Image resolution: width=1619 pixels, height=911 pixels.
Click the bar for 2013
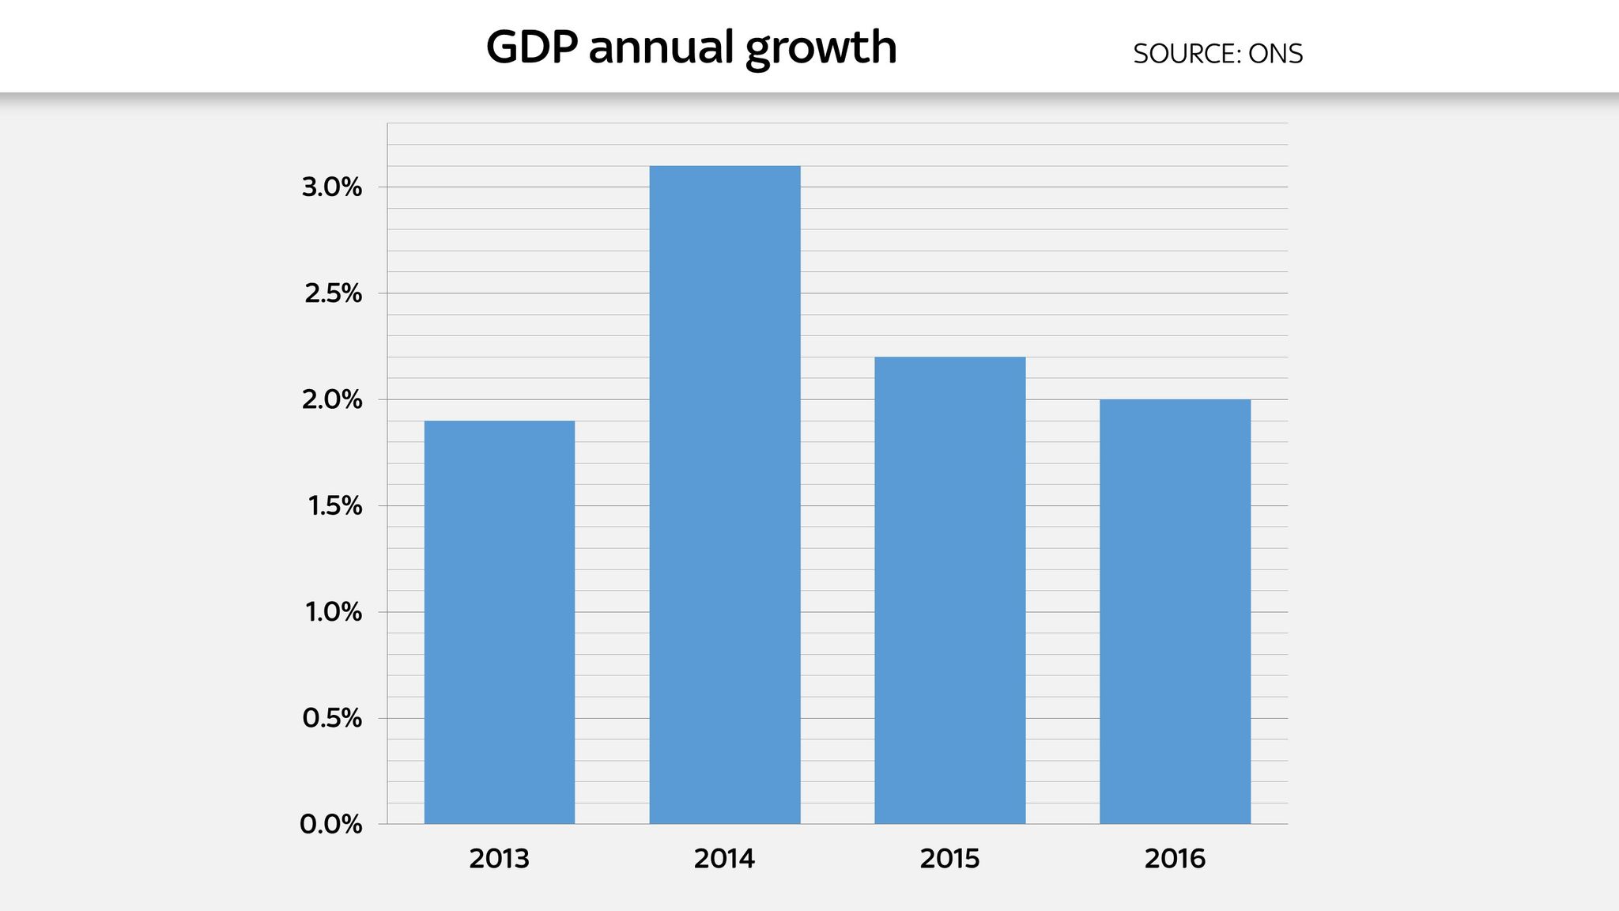(x=500, y=622)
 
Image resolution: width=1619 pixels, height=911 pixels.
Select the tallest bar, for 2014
(x=725, y=495)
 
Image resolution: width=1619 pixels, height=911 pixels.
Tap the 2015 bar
(x=949, y=591)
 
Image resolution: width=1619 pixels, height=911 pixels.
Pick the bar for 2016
(x=1175, y=611)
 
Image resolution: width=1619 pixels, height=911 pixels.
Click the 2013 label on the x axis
(x=499, y=859)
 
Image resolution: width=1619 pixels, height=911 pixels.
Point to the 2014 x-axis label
(x=724, y=859)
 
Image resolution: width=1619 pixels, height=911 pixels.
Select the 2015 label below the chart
(x=949, y=859)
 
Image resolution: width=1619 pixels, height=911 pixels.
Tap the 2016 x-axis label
(x=1175, y=859)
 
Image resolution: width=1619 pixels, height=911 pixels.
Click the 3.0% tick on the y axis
(x=332, y=188)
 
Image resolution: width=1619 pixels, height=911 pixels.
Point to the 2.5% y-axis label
(x=333, y=294)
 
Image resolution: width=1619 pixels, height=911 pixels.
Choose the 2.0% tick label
(x=332, y=400)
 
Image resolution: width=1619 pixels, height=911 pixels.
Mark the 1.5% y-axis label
(x=334, y=506)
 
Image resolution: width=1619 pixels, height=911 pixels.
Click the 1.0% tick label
(x=334, y=612)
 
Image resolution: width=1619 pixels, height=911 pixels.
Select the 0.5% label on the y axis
(x=332, y=718)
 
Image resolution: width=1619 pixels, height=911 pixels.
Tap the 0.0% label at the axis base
(x=331, y=825)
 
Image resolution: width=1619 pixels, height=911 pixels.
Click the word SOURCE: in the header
(x=1187, y=54)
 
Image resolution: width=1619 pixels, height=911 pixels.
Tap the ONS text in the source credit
(x=1275, y=54)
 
